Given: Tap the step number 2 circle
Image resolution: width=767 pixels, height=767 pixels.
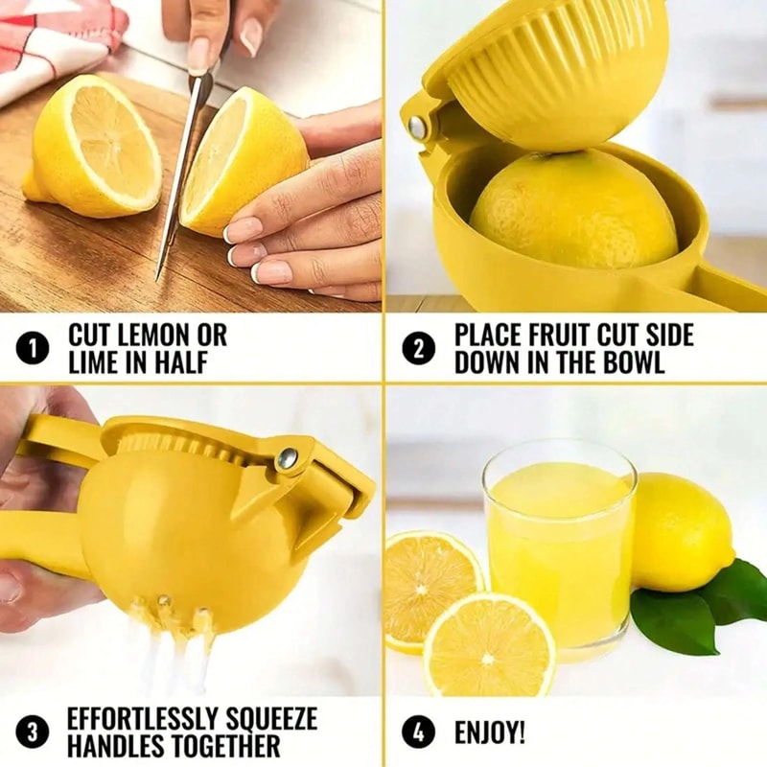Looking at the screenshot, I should coord(418,348).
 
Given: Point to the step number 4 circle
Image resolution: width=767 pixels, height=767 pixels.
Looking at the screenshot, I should coord(418,733).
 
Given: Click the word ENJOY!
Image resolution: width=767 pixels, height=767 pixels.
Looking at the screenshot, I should coord(489,733).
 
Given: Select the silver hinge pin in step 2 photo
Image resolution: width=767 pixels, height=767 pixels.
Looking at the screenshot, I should coord(418,127).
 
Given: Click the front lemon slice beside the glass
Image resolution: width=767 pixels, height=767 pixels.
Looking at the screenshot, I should coord(489,644).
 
